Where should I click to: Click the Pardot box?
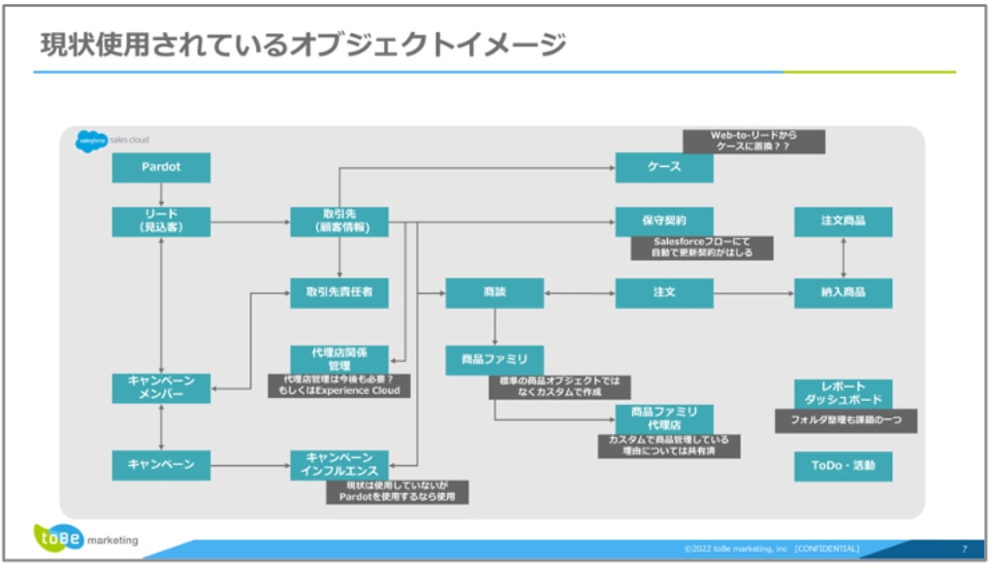click(161, 167)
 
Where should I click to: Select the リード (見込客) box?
click(161, 221)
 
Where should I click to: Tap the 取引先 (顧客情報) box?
click(338, 221)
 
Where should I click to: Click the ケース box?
click(664, 167)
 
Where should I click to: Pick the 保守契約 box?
click(664, 221)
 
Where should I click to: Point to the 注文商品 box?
click(843, 221)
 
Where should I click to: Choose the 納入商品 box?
click(843, 292)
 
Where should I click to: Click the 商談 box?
click(495, 292)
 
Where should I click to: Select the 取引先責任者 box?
click(338, 292)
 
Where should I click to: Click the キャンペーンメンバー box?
click(161, 387)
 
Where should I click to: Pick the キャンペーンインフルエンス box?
click(338, 465)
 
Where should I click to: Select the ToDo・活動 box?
click(843, 466)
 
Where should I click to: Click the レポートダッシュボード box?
click(843, 393)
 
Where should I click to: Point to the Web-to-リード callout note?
click(753, 142)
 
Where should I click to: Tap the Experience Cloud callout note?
click(339, 385)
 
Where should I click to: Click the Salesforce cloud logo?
click(92, 141)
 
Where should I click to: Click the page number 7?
click(964, 548)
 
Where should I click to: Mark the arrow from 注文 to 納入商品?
click(753, 292)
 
